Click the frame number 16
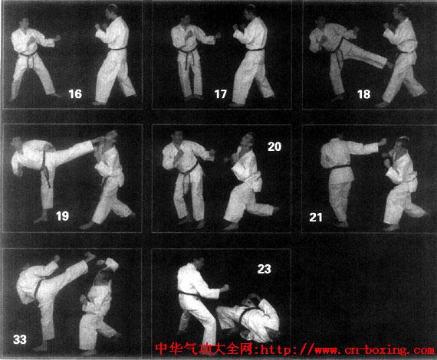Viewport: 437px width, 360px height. pyautogui.click(x=75, y=93)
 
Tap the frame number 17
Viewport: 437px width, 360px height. pyautogui.click(x=221, y=94)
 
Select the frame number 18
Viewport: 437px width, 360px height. pyautogui.click(x=364, y=94)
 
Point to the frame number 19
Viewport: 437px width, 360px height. pyautogui.click(x=62, y=216)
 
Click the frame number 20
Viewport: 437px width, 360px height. pyautogui.click(x=274, y=147)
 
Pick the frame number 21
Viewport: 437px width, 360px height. pyautogui.click(x=316, y=218)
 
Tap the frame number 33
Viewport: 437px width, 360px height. pyautogui.click(x=20, y=339)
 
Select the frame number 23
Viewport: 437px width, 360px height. pyautogui.click(x=264, y=269)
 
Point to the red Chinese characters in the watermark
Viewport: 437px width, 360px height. pyautogui.click(x=204, y=349)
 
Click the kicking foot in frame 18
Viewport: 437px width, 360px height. pyautogui.click(x=389, y=65)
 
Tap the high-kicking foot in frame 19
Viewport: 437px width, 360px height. pyautogui.click(x=99, y=139)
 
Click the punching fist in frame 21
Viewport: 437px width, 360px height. pyautogui.click(x=382, y=142)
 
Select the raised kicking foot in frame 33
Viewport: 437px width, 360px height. pyautogui.click(x=90, y=256)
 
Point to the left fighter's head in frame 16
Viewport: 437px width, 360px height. pyautogui.click(x=25, y=24)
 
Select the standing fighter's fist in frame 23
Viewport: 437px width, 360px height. pyautogui.click(x=225, y=287)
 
